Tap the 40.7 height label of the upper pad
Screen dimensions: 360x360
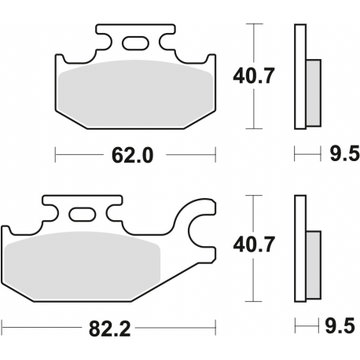[251, 77]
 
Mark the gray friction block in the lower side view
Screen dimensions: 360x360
[313, 263]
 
